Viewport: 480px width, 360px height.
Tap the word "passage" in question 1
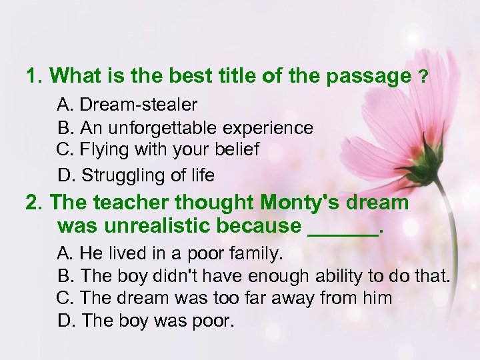369,77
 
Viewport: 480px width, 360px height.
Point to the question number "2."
35,201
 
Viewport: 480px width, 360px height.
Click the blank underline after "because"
342,228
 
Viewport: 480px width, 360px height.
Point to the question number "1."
35,76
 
